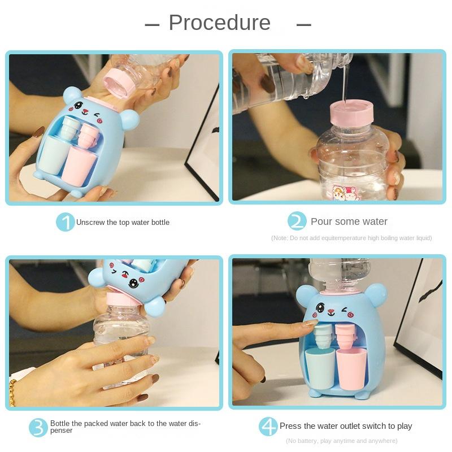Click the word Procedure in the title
tap(219, 23)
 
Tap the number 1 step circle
tap(65, 222)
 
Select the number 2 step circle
tap(297, 221)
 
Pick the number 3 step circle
tap(38, 428)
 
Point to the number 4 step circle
tap(268, 427)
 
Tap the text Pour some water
tap(349, 221)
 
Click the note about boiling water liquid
tap(351, 238)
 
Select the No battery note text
tap(342, 441)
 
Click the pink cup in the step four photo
tap(351, 368)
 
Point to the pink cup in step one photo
tap(79, 166)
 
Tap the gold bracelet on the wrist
tap(12, 393)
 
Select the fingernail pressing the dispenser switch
tap(311, 323)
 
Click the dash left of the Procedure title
tap(152, 25)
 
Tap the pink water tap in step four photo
tap(345, 336)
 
